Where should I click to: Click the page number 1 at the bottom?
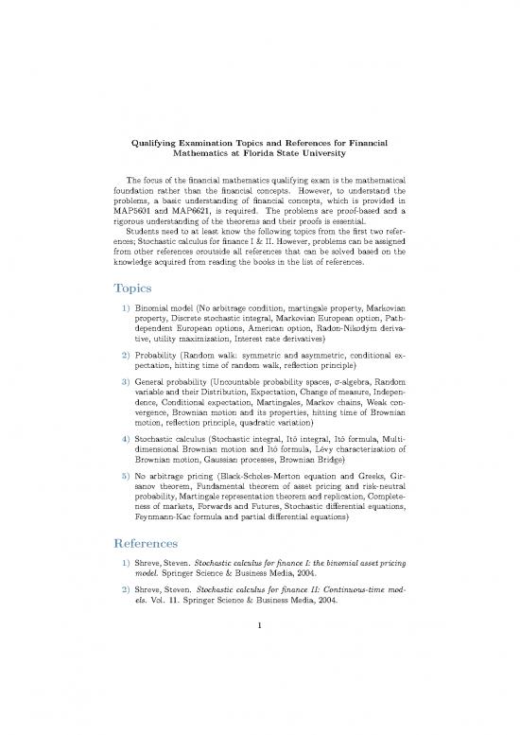[260, 677]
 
